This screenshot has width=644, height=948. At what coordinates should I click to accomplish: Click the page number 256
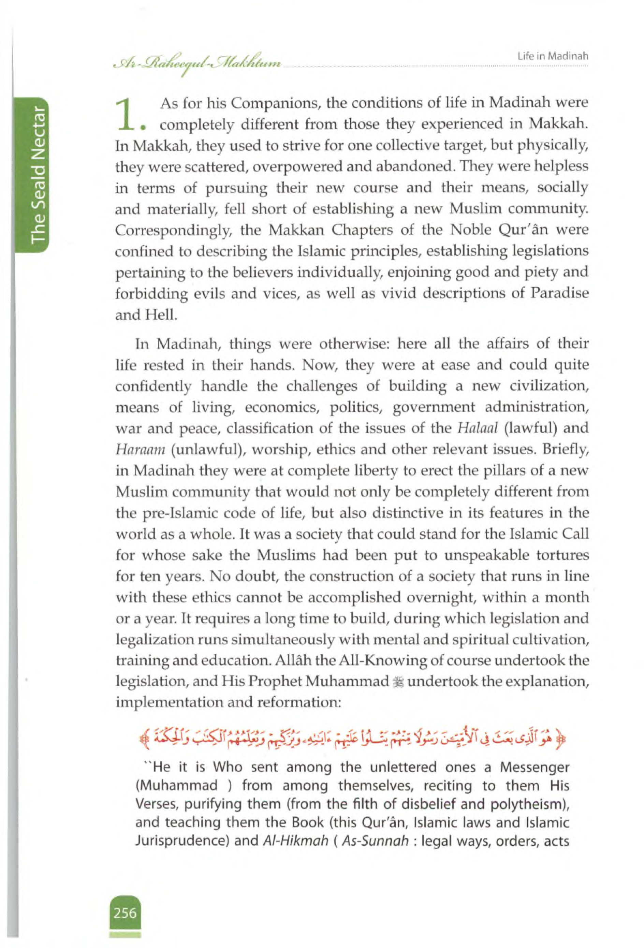pyautogui.click(x=125, y=913)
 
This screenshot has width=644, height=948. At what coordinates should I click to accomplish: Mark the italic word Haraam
pyautogui.click(x=140, y=450)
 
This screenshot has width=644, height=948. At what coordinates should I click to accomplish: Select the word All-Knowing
pyautogui.click(x=382, y=661)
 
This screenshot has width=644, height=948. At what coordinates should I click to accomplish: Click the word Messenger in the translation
pyautogui.click(x=534, y=767)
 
